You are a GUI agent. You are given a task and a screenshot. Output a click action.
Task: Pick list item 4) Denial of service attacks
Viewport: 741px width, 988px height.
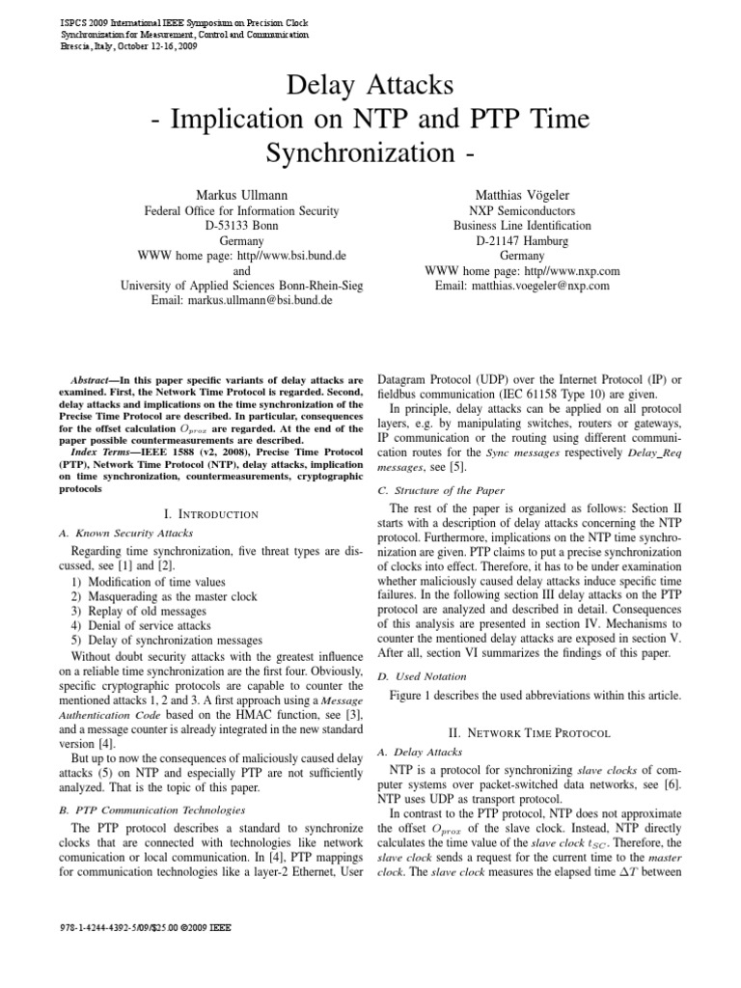tap(149, 625)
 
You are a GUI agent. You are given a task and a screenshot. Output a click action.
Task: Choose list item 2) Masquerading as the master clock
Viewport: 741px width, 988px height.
tap(172, 596)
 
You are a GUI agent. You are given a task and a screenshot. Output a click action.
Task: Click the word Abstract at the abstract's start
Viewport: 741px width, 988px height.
tap(95, 381)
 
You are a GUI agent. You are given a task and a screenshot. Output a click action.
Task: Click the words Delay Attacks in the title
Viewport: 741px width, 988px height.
tap(370, 86)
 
